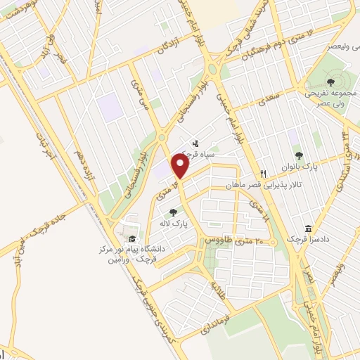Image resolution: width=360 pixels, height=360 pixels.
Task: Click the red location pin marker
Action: coord(181,167)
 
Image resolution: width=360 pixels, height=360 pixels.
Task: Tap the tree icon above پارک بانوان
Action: coord(298,155)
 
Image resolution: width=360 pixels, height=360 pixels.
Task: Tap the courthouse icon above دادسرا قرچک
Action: coord(309,229)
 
